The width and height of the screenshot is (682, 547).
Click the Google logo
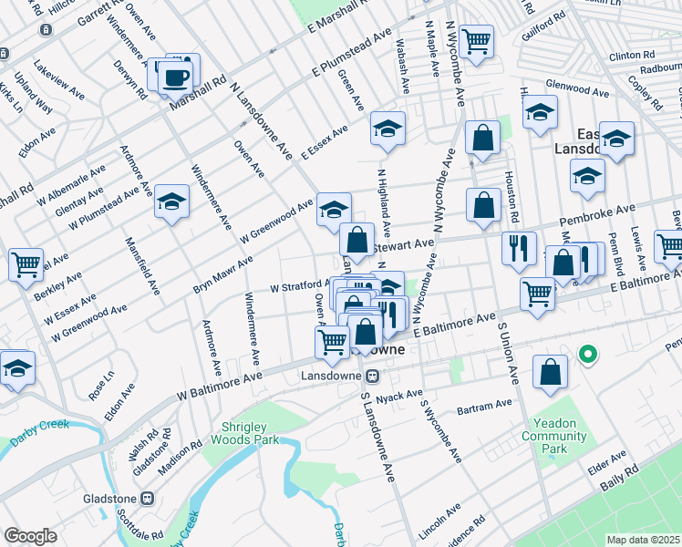pos(31,536)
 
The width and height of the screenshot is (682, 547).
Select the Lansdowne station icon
pos(372,376)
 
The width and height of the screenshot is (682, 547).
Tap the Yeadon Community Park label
pos(553,442)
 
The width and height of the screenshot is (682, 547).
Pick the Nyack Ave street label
pos(402,395)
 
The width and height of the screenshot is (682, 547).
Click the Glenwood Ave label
pos(577,91)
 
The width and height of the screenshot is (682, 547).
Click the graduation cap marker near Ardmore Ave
pos(170,202)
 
